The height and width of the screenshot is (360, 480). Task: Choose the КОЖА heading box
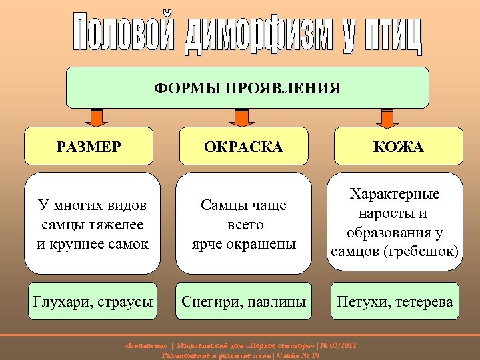click(399, 147)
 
